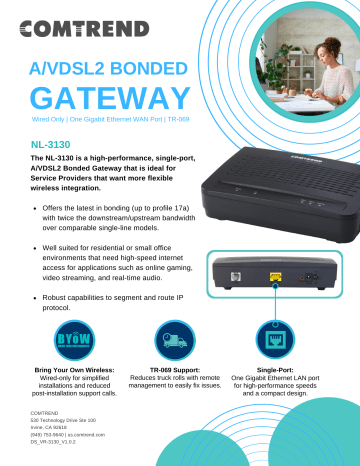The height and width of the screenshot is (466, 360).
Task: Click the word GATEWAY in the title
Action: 109,98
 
